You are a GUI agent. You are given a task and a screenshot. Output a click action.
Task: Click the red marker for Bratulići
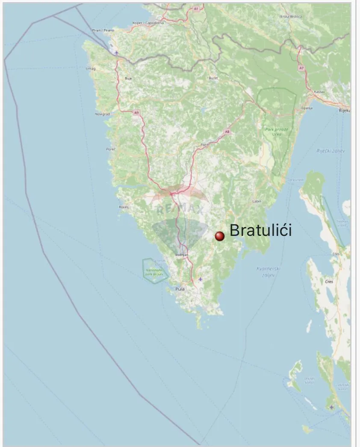[x=219, y=236]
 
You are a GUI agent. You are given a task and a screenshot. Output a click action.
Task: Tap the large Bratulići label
[x=261, y=231]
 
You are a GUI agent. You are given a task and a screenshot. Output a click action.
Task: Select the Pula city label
[x=180, y=289]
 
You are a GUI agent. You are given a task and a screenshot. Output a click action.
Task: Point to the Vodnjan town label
[x=182, y=255]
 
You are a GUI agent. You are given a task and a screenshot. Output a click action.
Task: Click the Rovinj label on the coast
[x=124, y=207]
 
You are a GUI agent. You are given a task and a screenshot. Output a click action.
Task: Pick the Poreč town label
[x=110, y=149]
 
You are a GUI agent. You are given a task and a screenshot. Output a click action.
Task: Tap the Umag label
[x=91, y=68]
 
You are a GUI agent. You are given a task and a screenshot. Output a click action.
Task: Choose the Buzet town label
[x=213, y=78]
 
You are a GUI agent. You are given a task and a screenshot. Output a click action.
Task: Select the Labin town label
[x=257, y=201]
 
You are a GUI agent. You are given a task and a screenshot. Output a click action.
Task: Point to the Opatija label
[x=307, y=108]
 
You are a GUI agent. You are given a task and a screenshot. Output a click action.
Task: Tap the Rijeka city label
[x=344, y=110]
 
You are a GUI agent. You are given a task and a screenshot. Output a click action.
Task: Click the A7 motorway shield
[x=301, y=68]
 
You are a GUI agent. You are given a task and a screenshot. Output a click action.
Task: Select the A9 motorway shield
[x=136, y=112]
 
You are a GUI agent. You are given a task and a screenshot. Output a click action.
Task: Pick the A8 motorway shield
[x=227, y=132]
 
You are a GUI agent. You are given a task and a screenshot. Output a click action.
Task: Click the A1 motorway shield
[x=196, y=9]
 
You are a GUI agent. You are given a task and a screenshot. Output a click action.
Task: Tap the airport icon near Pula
[x=201, y=279]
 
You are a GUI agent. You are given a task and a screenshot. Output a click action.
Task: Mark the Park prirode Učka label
[x=277, y=131]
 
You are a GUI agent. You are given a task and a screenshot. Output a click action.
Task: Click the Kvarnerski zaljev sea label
[x=268, y=271]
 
